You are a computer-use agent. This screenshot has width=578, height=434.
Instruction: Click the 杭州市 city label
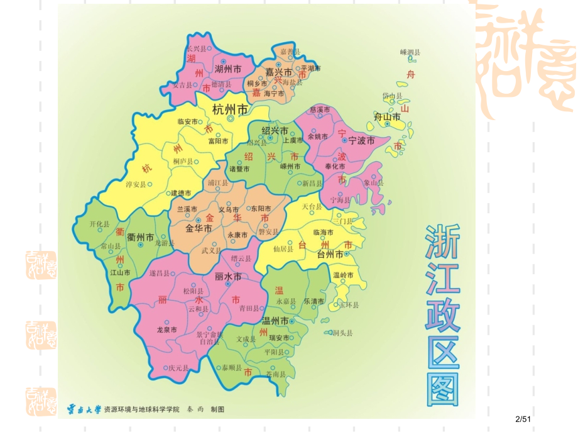[230, 108]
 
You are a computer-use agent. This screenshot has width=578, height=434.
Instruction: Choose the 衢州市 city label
[140, 237]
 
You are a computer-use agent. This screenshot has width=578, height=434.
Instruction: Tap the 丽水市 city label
[228, 276]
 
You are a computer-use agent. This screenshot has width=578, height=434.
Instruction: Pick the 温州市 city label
[275, 321]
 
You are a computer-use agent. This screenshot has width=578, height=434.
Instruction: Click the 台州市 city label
[330, 254]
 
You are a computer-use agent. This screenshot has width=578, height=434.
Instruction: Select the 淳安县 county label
[136, 185]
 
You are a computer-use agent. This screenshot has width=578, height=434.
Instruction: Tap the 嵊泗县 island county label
[410, 52]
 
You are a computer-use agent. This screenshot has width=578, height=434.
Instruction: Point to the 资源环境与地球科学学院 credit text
[141, 409]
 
